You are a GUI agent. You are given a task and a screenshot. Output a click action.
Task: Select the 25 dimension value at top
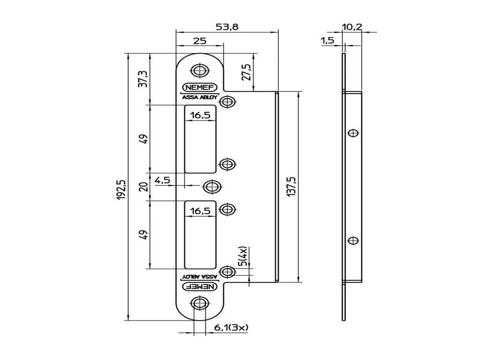[x=200, y=41]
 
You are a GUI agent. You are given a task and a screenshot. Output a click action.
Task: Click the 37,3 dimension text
[x=143, y=79]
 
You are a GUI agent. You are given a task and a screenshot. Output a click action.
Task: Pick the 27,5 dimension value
[x=248, y=72]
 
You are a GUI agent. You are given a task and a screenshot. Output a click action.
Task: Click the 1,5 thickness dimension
[x=327, y=41]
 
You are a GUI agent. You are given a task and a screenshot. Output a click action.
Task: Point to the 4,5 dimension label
[x=162, y=180]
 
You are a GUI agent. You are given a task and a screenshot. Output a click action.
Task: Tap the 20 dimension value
[x=143, y=187]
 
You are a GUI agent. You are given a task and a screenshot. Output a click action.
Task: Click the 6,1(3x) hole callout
[x=231, y=327]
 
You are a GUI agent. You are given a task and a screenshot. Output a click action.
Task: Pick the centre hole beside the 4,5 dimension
[x=212, y=187]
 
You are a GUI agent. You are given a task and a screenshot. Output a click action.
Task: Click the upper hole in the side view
[x=352, y=133]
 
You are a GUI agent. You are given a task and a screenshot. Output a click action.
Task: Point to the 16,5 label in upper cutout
[x=200, y=116]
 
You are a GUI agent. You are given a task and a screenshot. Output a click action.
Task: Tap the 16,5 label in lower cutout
[x=200, y=211]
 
